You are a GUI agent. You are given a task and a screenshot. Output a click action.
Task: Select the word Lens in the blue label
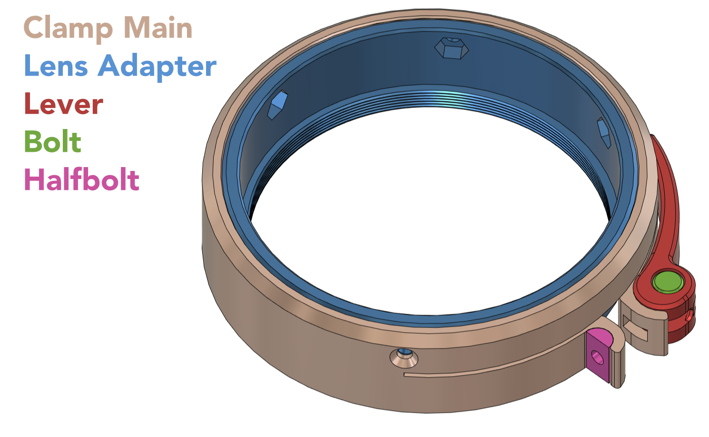pos(56,66)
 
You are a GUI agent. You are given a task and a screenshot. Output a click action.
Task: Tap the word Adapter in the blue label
pos(157,66)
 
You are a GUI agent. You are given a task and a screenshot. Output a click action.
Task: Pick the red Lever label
pos(63,104)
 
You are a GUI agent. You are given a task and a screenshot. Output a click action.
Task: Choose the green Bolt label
pos(52,142)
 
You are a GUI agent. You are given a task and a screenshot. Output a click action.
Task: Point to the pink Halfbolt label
pos(81,180)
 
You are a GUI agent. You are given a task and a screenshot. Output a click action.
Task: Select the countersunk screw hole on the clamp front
pos(404,357)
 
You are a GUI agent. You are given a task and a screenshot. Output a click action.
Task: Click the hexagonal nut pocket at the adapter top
pos(452,48)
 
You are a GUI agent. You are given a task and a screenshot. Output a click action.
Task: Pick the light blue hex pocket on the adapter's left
pos(277,104)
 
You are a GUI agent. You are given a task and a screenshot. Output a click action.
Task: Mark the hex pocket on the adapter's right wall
pos(604,132)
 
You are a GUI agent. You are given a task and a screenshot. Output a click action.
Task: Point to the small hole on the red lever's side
pos(689,315)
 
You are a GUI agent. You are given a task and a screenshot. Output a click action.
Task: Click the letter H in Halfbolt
pos(34,180)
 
